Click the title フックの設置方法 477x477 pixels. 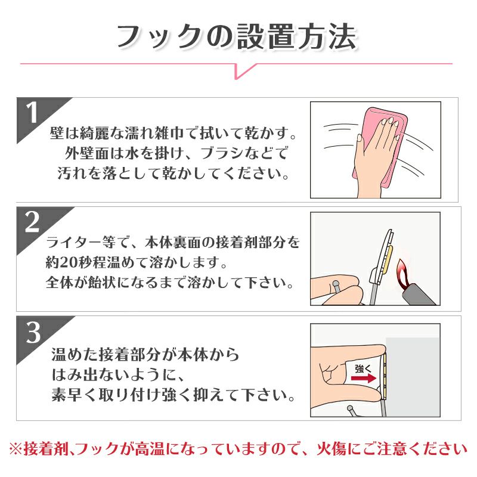[x=237, y=37]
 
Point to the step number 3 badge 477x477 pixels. [x=33, y=332]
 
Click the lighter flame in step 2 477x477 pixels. [x=402, y=274]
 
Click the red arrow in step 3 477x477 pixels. [x=364, y=378]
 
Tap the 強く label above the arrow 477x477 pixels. [x=363, y=368]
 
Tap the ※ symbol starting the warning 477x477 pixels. [x=16, y=449]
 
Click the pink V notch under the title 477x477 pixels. [x=245, y=71]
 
